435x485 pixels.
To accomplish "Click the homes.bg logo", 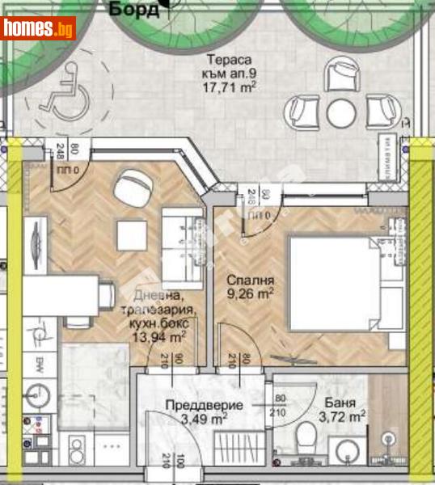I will pyautogui.click(x=40, y=28).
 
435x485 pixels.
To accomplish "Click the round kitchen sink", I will pyautogui.click(x=37, y=394).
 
